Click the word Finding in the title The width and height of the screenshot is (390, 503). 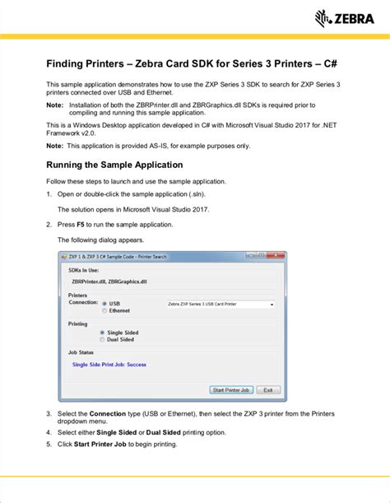[69, 63]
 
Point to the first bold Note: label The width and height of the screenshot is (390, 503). [54, 105]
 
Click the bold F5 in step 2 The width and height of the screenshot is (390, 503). [81, 224]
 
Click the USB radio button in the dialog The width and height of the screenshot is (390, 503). [104, 303]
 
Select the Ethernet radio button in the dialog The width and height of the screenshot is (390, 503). [104, 310]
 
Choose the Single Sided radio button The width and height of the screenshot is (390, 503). [102, 333]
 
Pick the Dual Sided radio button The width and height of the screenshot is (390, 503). [102, 339]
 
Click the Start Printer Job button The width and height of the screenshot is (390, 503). [231, 390]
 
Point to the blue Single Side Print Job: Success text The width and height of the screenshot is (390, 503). [109, 363]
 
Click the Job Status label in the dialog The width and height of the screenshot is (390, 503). [81, 352]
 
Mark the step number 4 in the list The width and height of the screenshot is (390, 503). [49, 432]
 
